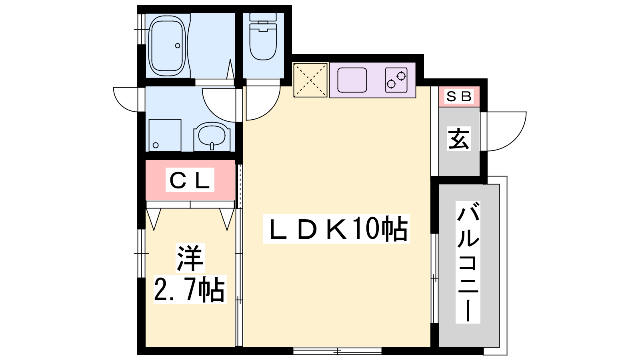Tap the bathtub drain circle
pyautogui.click(x=178, y=46)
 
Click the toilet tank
pyautogui.click(x=263, y=17)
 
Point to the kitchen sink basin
pyautogui.click(x=352, y=80)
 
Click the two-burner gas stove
pyautogui.click(x=396, y=80)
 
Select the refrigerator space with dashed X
pyautogui.click(x=310, y=80)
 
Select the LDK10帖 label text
pyautogui.click(x=336, y=228)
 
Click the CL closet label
pyautogui.click(x=190, y=180)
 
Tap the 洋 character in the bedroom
pyautogui.click(x=190, y=258)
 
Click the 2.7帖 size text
pyautogui.click(x=190, y=289)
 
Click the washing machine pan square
pyautogui.click(x=165, y=135)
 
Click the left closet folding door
pyautogui.click(x=154, y=219)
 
